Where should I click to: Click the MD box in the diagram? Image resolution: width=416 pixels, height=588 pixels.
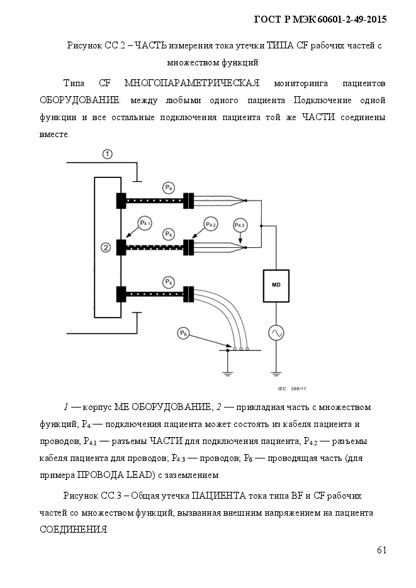(x=276, y=286)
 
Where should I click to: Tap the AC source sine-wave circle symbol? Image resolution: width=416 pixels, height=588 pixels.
(x=276, y=333)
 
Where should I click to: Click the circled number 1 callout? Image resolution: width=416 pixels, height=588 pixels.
(x=108, y=154)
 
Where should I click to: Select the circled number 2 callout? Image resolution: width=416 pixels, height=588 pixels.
(x=106, y=248)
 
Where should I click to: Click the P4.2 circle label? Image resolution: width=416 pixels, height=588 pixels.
(x=211, y=225)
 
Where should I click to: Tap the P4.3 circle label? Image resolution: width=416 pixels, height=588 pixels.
(x=240, y=225)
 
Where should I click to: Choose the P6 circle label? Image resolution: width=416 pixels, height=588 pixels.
(x=183, y=333)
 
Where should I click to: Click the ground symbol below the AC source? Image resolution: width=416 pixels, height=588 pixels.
(x=276, y=373)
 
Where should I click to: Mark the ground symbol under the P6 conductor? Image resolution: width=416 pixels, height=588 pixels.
(x=227, y=373)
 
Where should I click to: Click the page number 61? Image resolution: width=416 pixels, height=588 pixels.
(x=381, y=550)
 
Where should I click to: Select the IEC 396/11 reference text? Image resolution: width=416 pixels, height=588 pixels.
(x=292, y=389)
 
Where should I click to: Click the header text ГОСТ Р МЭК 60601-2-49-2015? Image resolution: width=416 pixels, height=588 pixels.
(x=320, y=19)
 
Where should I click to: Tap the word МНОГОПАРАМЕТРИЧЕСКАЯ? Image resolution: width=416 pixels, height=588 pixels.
(x=192, y=83)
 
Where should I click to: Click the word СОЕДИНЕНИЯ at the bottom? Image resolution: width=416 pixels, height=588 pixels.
(x=73, y=530)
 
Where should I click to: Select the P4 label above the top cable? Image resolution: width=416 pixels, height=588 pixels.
(x=169, y=188)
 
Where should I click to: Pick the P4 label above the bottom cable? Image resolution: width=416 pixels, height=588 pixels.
(x=169, y=282)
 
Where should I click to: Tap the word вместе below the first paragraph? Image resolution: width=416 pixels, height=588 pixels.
(x=54, y=134)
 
